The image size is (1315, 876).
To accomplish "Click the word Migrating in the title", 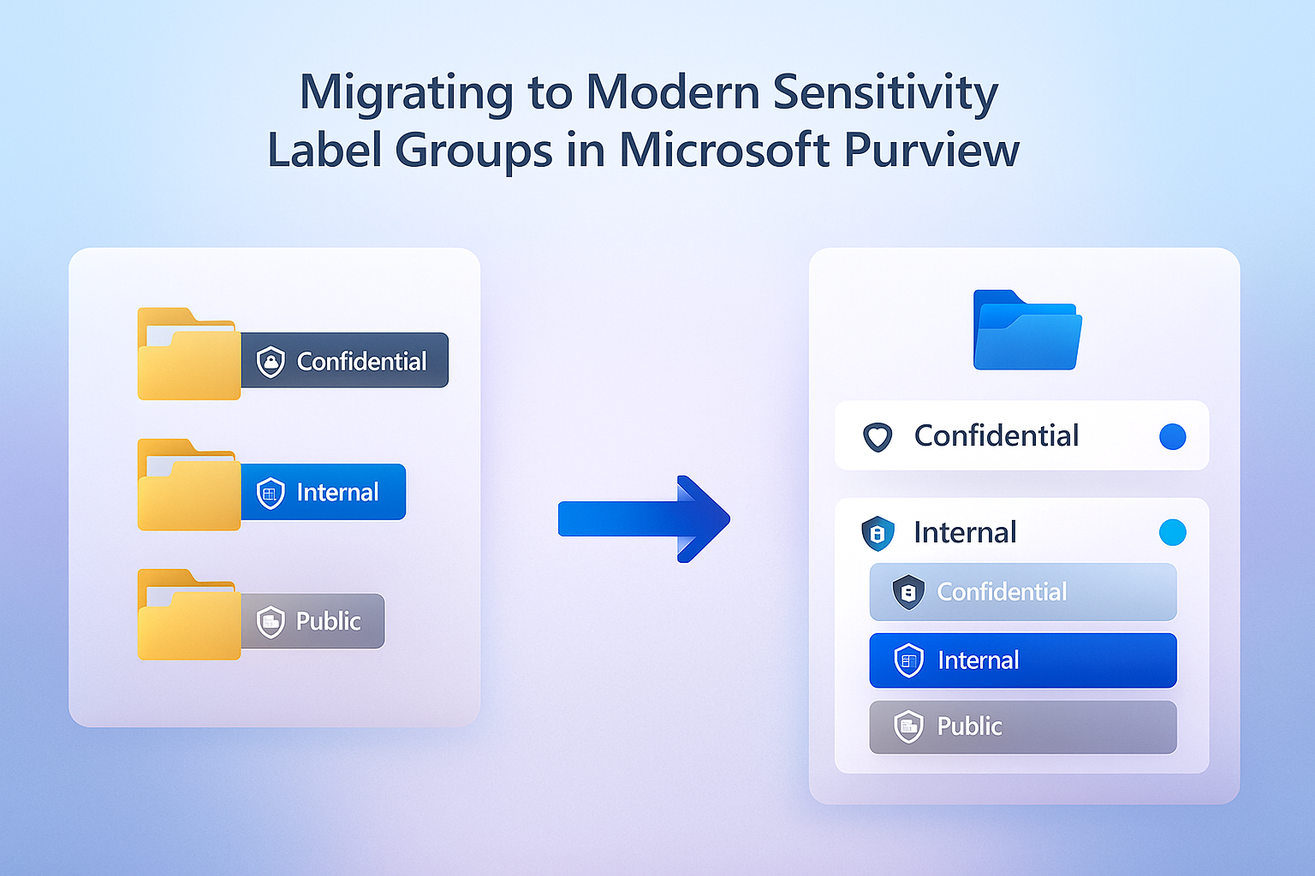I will coord(405,92).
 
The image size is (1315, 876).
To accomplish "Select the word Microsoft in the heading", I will coord(724,150).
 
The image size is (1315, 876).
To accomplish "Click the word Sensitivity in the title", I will coord(885,92).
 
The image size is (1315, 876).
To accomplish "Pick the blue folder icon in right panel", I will coord(1026,331).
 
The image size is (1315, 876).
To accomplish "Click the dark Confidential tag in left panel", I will coord(344,360).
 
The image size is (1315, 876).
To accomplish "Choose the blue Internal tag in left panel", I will coord(323,492).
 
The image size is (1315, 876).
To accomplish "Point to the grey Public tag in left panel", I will coord(312,621).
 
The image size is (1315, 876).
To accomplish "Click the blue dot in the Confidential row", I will coord(1172,436).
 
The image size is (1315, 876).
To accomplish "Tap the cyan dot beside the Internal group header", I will coord(1172,532).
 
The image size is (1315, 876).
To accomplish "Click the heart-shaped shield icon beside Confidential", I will coord(878,437).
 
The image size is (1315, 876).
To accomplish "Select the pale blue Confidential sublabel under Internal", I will coord(1022,592).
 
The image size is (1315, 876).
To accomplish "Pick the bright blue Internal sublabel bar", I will coord(1022,660).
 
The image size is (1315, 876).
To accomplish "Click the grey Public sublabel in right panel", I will coord(1022,727).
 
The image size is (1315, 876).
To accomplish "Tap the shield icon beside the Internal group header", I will coord(878,533).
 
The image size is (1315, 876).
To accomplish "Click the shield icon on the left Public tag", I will coord(271,622).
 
